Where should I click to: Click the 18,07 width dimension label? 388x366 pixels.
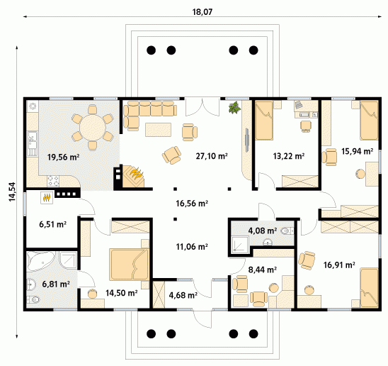tap(202, 11)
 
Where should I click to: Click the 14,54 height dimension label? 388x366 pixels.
tap(12, 192)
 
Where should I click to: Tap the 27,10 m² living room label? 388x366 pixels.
tap(212, 156)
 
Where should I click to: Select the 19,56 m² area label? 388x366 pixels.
tap(63, 157)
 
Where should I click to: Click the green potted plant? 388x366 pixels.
tap(234, 107)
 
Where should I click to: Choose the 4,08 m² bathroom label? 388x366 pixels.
tap(262, 231)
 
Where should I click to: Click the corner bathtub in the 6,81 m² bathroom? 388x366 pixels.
tap(41, 261)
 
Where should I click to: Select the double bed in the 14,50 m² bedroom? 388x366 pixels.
tap(129, 265)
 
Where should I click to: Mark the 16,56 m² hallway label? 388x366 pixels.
tap(192, 204)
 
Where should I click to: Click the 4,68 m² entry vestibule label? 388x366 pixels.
tap(183, 295)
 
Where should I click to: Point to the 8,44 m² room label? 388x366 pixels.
tap(262, 270)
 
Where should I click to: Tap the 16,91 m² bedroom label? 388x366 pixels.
tap(339, 265)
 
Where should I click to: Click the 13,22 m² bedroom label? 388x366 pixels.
tap(289, 156)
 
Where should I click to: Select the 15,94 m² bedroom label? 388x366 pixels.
tap(357, 151)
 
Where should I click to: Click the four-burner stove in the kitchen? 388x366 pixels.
tap(53, 181)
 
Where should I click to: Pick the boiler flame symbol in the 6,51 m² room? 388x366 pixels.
tap(47, 198)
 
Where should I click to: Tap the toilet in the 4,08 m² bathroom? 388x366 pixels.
tap(287, 231)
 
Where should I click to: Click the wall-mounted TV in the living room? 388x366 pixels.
tap(247, 140)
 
